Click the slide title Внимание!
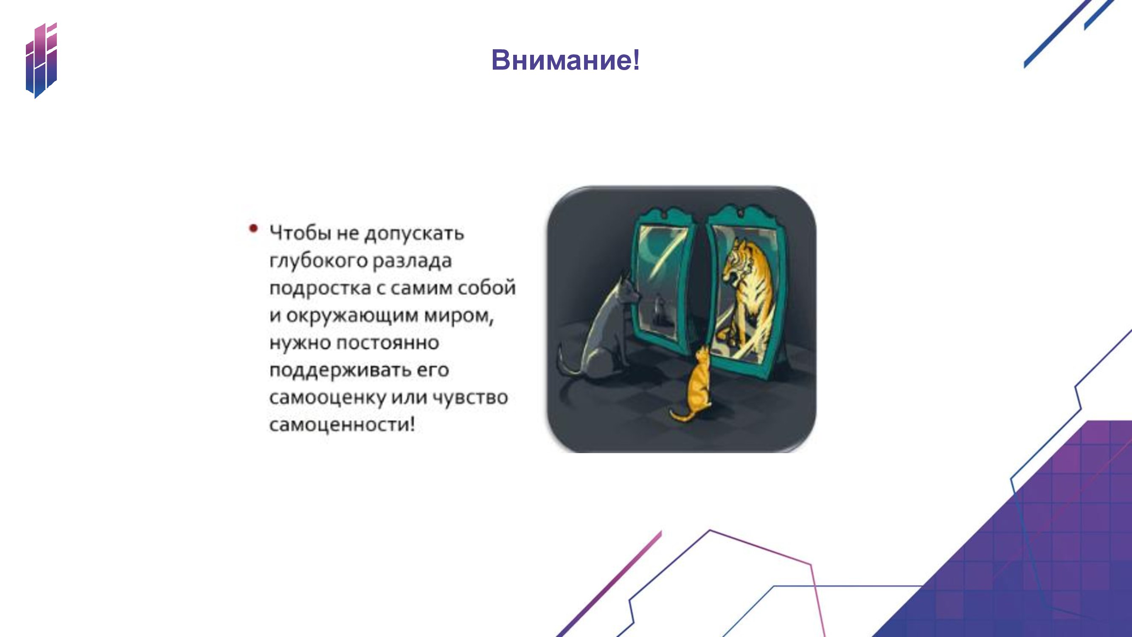coord(565,60)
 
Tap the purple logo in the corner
coord(42,60)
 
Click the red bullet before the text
coord(253,228)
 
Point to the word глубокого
coord(319,261)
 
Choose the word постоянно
coord(388,343)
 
